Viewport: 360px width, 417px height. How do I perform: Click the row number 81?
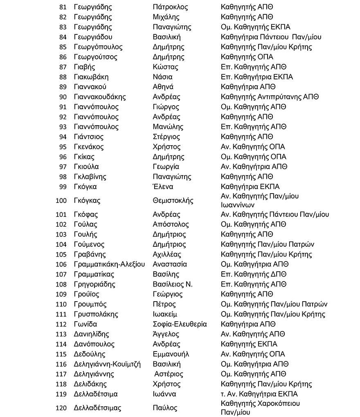coord(63,7)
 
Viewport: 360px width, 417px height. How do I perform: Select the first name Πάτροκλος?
coord(170,7)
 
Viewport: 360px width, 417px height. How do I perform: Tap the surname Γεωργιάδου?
coord(93,37)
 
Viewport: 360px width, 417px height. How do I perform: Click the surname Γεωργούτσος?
coord(95,57)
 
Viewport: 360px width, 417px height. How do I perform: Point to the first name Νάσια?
coord(162,77)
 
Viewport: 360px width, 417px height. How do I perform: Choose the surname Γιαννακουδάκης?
coord(100,97)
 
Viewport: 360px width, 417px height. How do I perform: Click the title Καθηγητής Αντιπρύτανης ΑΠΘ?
coord(269,97)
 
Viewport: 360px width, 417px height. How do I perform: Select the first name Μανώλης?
coord(168,127)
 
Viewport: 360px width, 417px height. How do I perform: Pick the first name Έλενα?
coord(163,187)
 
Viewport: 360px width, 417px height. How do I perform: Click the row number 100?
coord(61,201)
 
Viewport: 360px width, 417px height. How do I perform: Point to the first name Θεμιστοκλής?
coord(173,201)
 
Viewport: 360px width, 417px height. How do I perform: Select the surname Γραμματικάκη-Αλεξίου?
coord(109,264)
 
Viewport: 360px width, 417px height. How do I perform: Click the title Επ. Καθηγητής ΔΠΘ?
coord(254,274)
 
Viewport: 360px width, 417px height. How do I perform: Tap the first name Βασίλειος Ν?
coord(172,284)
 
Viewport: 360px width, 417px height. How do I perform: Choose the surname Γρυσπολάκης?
coord(96,314)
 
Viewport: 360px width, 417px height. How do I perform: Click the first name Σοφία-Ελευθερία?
coord(179,324)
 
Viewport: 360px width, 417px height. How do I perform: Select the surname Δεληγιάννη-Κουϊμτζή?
coord(107,364)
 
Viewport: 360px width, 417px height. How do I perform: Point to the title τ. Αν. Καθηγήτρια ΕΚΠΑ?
coord(259,394)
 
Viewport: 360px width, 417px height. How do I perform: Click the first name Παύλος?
coord(165,408)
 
